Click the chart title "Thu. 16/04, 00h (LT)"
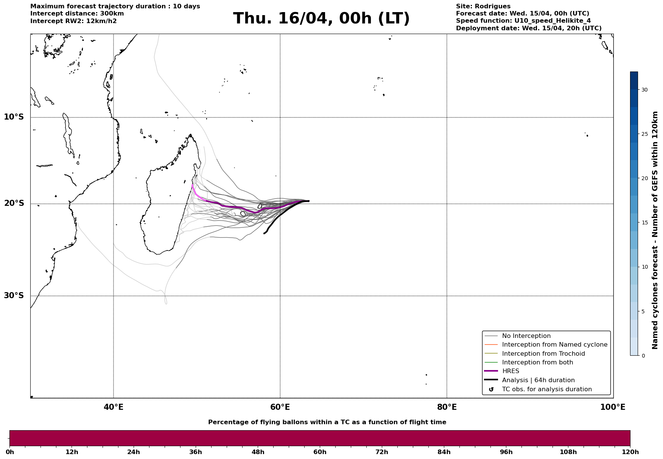click(321, 18)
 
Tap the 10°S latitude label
click(14, 117)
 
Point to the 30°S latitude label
click(14, 296)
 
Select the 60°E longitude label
click(280, 407)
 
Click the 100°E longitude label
click(613, 407)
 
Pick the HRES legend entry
click(510, 371)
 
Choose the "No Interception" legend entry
click(526, 336)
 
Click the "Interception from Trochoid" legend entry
click(543, 354)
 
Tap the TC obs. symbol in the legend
click(491, 389)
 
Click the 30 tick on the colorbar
click(644, 90)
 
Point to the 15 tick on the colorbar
click(644, 222)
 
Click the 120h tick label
click(630, 452)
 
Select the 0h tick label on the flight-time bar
click(10, 452)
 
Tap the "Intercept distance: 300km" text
click(77, 14)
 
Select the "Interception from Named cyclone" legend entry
click(554, 345)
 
